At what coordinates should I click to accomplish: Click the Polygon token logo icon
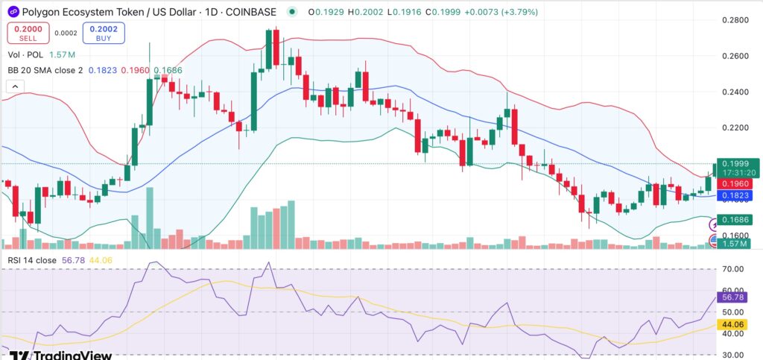[13, 12]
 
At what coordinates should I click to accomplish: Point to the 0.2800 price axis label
[735, 20]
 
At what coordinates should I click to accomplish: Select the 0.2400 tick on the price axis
[735, 92]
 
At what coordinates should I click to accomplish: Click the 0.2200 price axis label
[735, 128]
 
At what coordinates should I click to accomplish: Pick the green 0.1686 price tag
[735, 221]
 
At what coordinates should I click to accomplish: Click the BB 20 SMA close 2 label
[44, 70]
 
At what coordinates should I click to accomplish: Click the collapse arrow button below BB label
[14, 86]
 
